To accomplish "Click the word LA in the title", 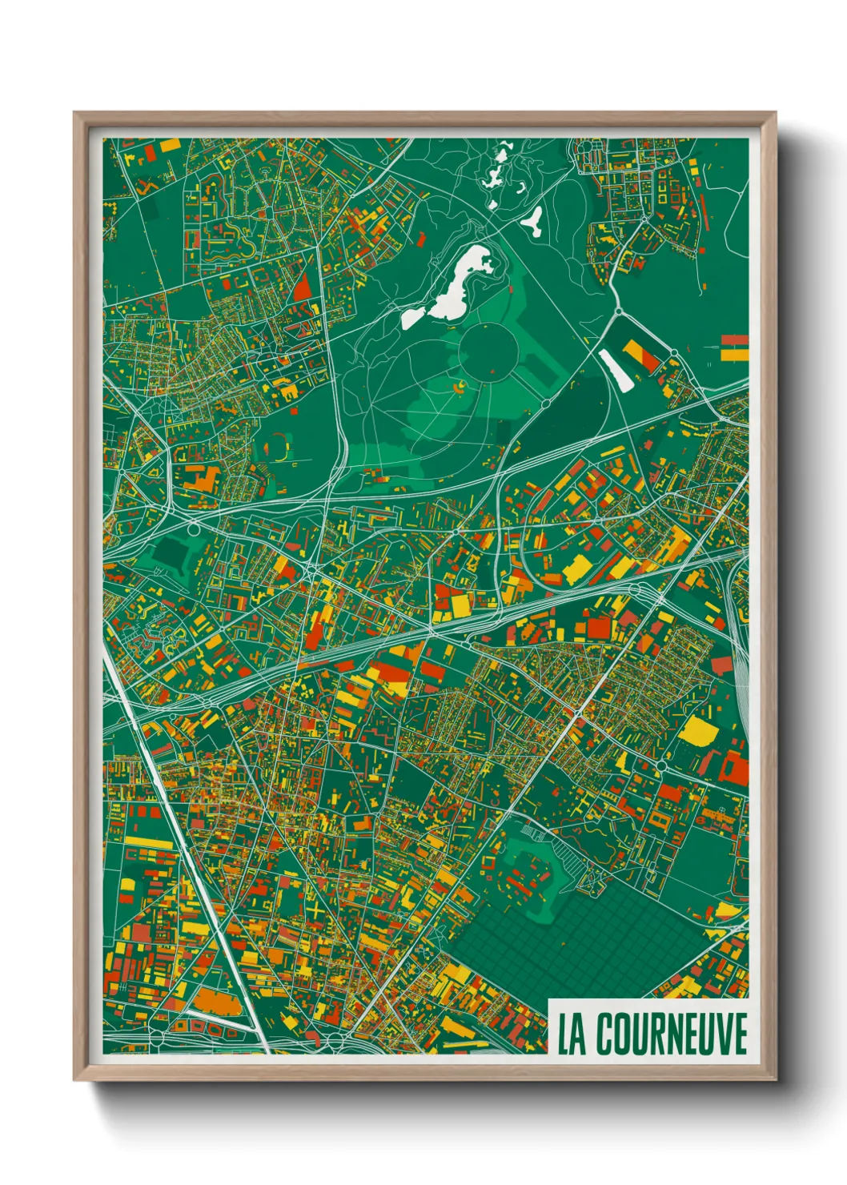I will coord(571,1034).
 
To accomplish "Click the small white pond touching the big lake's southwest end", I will coord(413,318).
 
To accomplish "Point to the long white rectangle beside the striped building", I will coord(616,370).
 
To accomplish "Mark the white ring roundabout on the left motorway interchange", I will coord(193,529).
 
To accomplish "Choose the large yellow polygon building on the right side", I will coord(693,731).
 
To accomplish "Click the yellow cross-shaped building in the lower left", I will coord(317,913).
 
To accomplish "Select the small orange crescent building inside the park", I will coord(460,389).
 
